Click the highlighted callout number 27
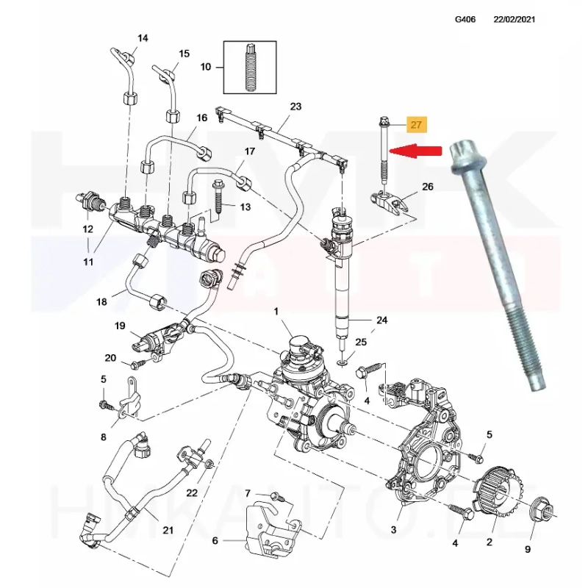(x=417, y=125)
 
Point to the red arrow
(x=416, y=151)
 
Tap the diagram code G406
(x=466, y=19)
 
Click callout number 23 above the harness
(x=295, y=107)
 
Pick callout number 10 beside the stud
(x=206, y=67)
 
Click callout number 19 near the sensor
(x=119, y=326)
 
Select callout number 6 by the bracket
(x=215, y=542)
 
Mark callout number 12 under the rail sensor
(x=88, y=229)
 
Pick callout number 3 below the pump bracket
(x=393, y=530)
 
